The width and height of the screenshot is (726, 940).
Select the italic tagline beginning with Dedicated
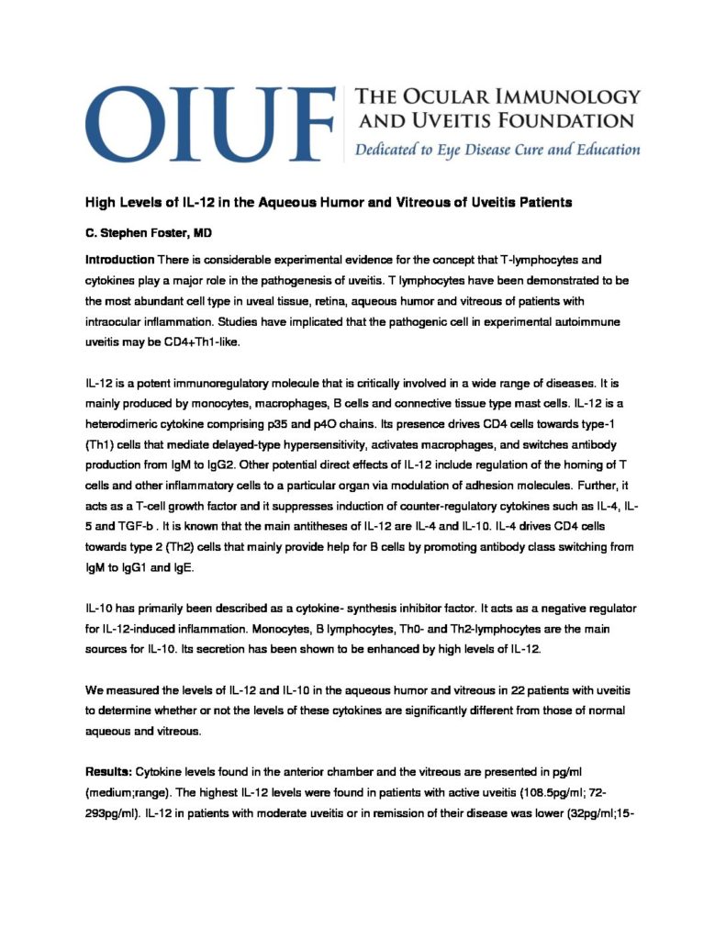[x=492, y=150]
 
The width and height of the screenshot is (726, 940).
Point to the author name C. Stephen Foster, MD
[x=141, y=235]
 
